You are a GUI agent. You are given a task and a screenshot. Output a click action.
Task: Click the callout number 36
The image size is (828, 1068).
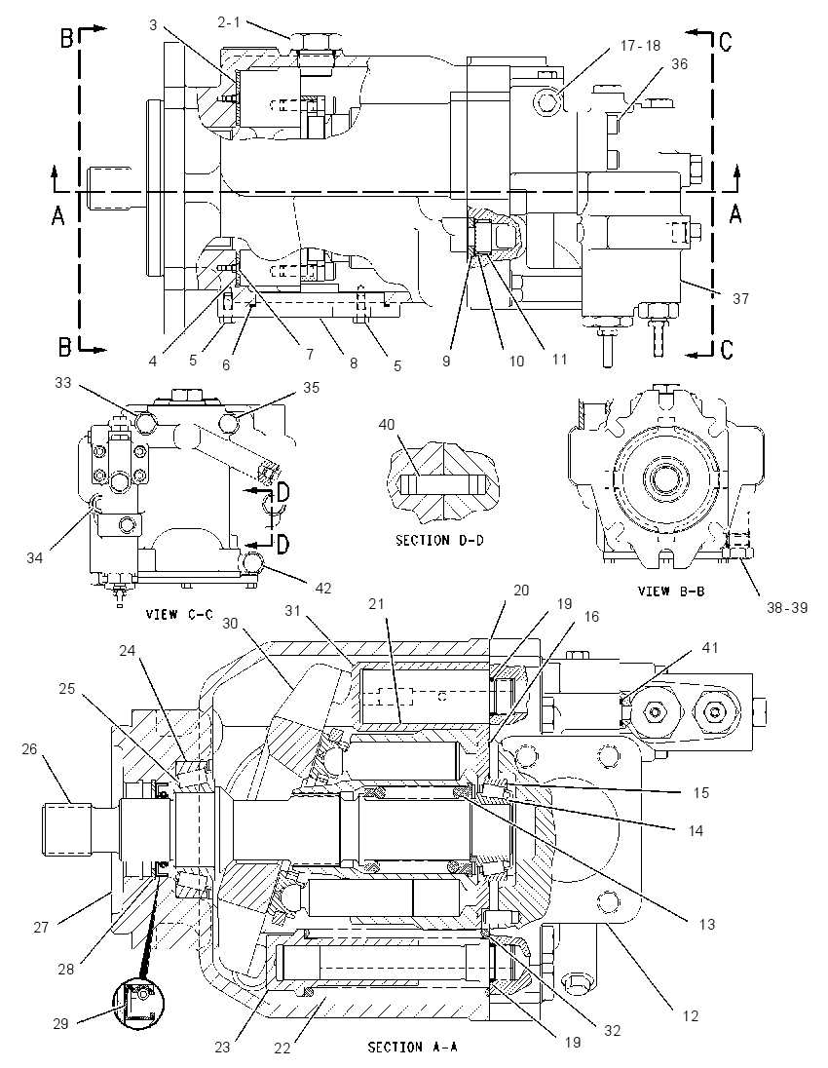(679, 64)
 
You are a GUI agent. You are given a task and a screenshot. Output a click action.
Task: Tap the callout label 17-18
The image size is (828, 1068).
(640, 46)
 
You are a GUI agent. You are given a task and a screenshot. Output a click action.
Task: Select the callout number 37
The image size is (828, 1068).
(740, 298)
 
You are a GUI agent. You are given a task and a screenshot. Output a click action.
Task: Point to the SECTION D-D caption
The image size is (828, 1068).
(439, 540)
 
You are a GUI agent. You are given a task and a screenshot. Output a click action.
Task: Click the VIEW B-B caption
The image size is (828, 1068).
(671, 591)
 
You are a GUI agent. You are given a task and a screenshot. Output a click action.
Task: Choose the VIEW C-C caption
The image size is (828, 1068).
(179, 614)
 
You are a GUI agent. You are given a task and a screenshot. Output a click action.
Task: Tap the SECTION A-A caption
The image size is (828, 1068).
(412, 1047)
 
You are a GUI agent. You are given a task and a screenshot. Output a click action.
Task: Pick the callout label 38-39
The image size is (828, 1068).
(788, 607)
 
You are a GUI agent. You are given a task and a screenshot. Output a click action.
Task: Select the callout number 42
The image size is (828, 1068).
(322, 588)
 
